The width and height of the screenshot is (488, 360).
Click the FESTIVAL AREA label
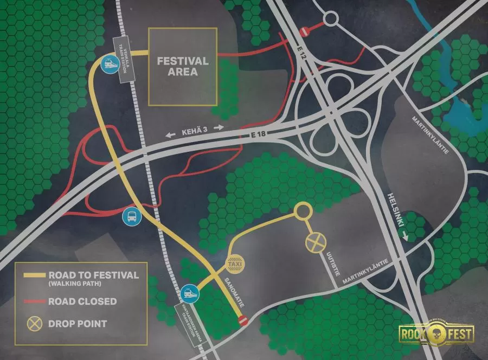point(183,66)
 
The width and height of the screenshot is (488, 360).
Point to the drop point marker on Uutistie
point(314,243)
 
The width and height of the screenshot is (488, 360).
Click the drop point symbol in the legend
point(35,324)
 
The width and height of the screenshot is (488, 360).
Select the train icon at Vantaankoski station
point(190,293)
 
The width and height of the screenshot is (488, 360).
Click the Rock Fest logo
point(436,333)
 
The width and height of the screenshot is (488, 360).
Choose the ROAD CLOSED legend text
point(82,301)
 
